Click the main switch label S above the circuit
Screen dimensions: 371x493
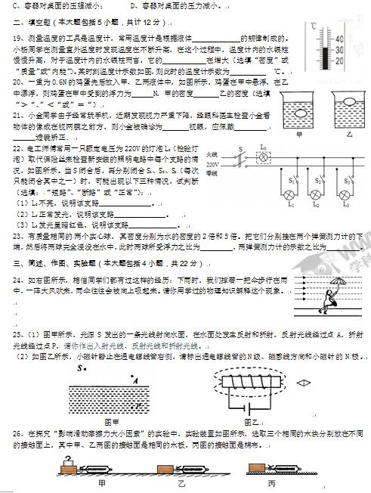tap(240, 150)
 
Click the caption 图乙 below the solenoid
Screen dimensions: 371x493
tap(252, 422)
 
